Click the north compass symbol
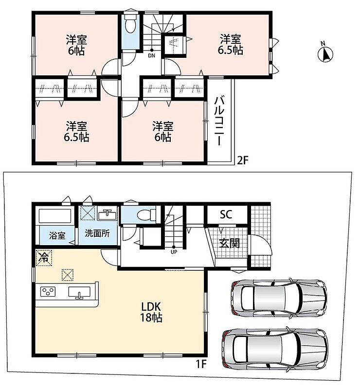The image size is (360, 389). click(325, 53)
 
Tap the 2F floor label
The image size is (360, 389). click(243, 161)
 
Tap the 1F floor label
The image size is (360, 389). click(201, 364)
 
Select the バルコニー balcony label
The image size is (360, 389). click(219, 121)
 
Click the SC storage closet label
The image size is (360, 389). click(226, 214)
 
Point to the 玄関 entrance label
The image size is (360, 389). click(230, 244)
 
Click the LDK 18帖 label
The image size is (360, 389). click(151, 312)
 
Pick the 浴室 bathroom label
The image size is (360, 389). click(57, 235)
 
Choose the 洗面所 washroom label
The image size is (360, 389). click(97, 233)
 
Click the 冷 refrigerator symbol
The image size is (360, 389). click(44, 258)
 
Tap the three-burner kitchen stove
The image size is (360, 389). click(48, 291)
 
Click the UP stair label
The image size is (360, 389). click(174, 252)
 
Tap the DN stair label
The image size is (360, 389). click(151, 55)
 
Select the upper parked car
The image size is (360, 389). click(279, 299)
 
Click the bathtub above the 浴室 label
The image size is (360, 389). click(55, 216)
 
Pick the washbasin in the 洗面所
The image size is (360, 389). click(107, 215)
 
